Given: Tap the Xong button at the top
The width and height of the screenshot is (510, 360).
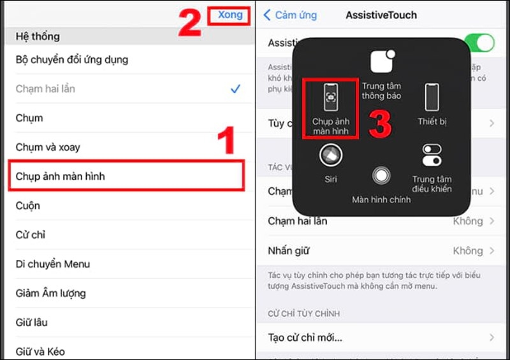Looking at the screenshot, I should pyautogui.click(x=230, y=15).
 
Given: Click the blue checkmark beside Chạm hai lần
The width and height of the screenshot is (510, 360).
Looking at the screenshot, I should pyautogui.click(x=235, y=89).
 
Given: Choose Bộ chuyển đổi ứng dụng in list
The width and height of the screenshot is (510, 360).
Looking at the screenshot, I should pyautogui.click(x=72, y=60).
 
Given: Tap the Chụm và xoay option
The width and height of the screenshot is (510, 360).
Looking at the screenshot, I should pyautogui.click(x=48, y=147).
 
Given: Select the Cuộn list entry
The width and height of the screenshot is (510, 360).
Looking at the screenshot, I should pyautogui.click(x=28, y=206).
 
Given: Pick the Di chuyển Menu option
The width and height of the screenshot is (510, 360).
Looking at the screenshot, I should pyautogui.click(x=53, y=264).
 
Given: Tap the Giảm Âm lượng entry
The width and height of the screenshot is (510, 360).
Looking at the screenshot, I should pyautogui.click(x=51, y=293).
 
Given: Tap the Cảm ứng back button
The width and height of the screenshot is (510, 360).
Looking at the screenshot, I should pyautogui.click(x=290, y=15).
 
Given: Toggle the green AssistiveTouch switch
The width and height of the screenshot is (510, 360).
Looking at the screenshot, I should pyautogui.click(x=479, y=43).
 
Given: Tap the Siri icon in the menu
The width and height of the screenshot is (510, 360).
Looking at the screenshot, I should pyautogui.click(x=330, y=155).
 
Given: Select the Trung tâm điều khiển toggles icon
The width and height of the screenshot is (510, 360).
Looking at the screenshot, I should pyautogui.click(x=432, y=155).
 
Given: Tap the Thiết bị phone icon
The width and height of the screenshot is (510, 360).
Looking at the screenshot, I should pyautogui.click(x=432, y=97).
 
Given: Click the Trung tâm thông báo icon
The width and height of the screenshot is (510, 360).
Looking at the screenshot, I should pyautogui.click(x=381, y=62).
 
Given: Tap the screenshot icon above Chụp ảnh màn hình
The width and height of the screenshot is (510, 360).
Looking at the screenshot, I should pyautogui.click(x=331, y=97).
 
